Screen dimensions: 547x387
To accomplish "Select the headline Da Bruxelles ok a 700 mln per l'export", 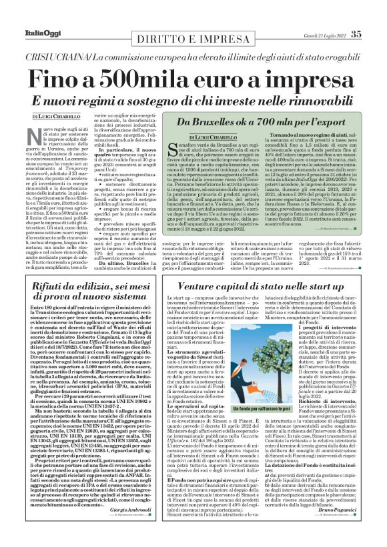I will [256, 122].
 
